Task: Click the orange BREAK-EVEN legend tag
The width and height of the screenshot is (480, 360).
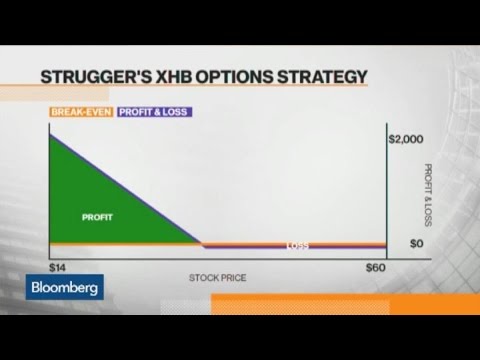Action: click(81, 112)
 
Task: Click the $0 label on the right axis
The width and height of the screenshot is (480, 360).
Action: click(399, 242)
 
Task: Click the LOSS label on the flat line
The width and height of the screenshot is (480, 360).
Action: click(298, 246)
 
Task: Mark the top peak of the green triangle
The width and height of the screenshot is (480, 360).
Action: click(50, 133)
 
